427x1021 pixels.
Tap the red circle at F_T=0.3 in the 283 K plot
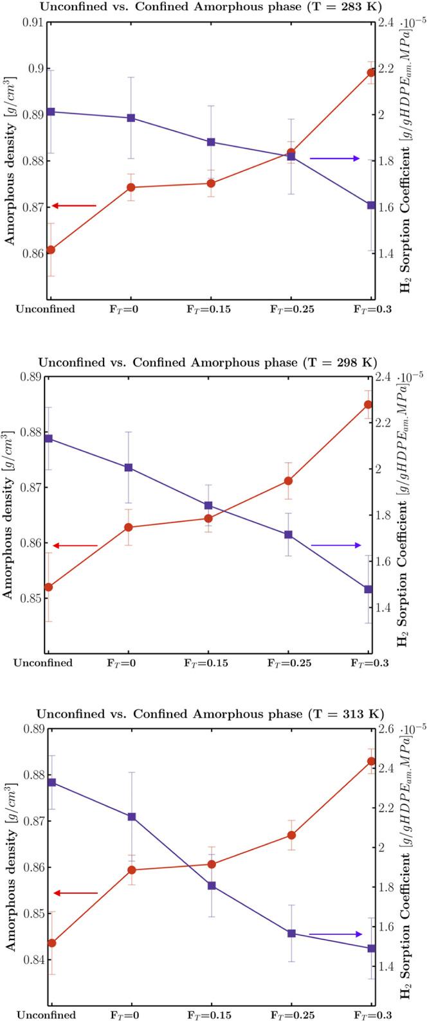[x=371, y=73]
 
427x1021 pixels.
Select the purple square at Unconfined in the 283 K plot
[x=50, y=112]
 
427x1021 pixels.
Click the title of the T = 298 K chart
[x=207, y=362]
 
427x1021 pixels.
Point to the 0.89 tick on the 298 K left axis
[x=32, y=377]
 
